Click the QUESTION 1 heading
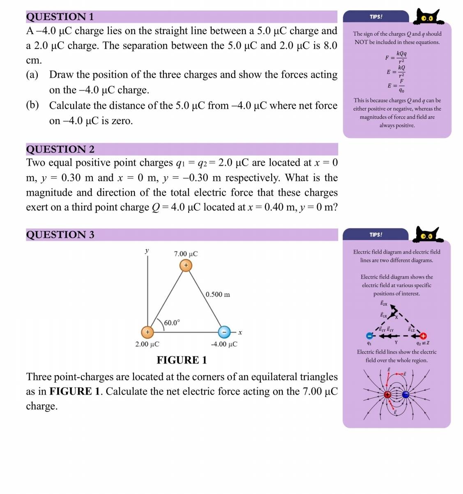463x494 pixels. (60, 17)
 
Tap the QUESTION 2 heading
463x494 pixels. (60, 149)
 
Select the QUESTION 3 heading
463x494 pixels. (60, 235)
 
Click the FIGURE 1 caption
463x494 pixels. (182, 360)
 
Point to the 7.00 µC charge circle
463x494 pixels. (186, 265)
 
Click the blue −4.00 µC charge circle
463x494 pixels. (224, 332)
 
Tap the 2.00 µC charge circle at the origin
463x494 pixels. (147, 332)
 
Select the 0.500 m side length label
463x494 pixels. (218, 295)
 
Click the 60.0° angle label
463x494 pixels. (172, 323)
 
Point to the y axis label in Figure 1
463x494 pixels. (147, 250)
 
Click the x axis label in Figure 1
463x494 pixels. (240, 332)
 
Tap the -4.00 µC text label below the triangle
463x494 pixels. (224, 344)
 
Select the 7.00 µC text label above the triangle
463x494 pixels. (186, 254)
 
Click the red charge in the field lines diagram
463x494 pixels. (387, 395)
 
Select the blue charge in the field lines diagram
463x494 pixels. (405, 395)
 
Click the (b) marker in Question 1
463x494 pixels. (32, 105)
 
